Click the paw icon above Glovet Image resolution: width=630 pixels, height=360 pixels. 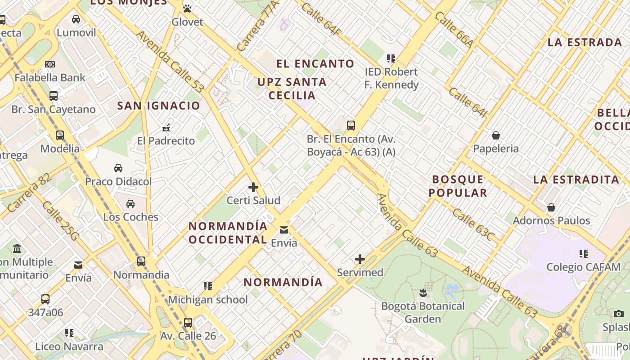pos(187,9)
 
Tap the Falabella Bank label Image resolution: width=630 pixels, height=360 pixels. pos(50,77)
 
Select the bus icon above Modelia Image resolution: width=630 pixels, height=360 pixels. pos(59,135)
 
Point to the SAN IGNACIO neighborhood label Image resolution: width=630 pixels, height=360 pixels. pos(158,106)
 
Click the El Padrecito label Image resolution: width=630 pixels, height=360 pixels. pos(166,141)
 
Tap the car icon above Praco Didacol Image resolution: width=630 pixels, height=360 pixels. pos(118,168)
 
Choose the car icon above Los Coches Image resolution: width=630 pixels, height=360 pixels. pos(130,204)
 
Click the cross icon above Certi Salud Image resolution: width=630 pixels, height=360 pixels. pos(253,187)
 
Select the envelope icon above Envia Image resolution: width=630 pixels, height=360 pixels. pos(284,230)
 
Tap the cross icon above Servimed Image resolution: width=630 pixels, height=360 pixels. pos(360,259)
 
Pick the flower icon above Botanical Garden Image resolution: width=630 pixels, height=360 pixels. pos(423,293)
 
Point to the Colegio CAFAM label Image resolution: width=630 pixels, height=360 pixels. pos(583,267)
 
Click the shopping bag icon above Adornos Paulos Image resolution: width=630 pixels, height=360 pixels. pos(551,207)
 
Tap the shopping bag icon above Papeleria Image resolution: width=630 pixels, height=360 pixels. pos(496,135)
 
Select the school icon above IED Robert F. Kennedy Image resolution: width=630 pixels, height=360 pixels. pos(391,58)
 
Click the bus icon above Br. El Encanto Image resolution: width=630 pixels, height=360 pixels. pos(351,126)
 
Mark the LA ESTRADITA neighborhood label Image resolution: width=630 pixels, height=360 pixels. pos(576,180)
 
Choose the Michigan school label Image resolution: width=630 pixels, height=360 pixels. pos(208,300)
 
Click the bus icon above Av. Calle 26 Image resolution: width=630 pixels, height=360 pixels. pos(188,323)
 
